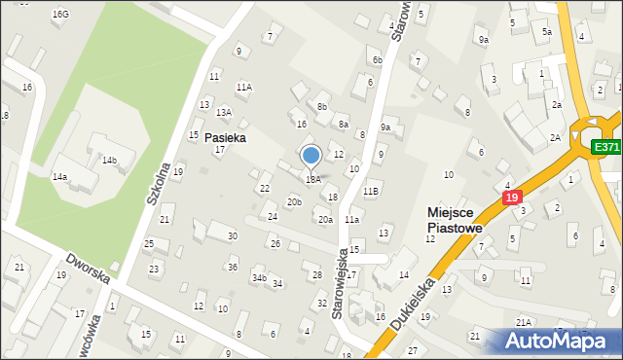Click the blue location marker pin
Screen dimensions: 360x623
(x=311, y=157)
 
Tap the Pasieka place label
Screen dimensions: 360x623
(x=225, y=138)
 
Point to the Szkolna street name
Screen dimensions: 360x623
(x=161, y=182)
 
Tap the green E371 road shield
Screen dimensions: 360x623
(x=606, y=147)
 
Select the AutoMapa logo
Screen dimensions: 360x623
(x=557, y=341)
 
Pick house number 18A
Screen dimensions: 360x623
(x=312, y=179)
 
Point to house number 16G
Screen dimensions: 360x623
(x=60, y=15)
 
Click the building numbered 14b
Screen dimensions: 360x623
(x=110, y=160)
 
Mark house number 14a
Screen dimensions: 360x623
(x=59, y=177)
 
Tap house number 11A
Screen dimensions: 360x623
(x=243, y=87)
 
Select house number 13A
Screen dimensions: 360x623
(x=224, y=112)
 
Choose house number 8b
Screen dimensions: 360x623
(x=321, y=106)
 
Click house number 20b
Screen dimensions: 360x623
(x=293, y=201)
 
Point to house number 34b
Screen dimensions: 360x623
(x=258, y=278)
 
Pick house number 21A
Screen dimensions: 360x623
(x=523, y=322)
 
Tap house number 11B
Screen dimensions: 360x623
(x=370, y=191)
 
